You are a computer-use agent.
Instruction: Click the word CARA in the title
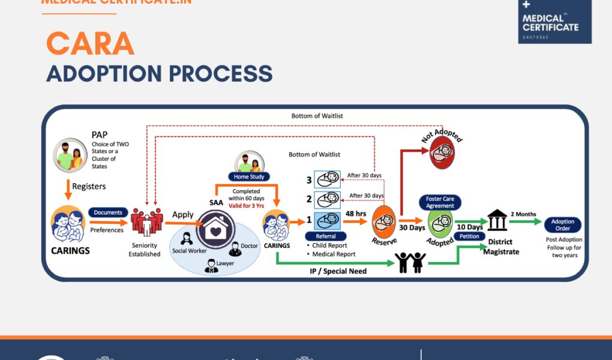[x=90, y=44]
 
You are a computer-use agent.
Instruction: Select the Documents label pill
[x=108, y=212]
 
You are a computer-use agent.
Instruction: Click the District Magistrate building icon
[x=497, y=220]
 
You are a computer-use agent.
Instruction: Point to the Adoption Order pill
[x=563, y=225]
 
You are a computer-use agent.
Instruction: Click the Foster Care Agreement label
[x=440, y=202]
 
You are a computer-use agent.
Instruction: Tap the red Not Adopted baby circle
[x=442, y=152]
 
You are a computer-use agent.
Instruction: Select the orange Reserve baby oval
[x=384, y=223]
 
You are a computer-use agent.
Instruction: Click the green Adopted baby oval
[x=440, y=224]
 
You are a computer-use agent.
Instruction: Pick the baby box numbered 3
[x=328, y=179]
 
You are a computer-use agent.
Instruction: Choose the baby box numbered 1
[x=328, y=221]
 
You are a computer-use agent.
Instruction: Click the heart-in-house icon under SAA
[x=215, y=230]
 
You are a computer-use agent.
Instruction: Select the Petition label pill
[x=469, y=236]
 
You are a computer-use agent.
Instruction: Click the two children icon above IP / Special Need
[x=410, y=261]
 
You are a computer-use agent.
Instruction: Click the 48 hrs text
[x=356, y=213]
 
